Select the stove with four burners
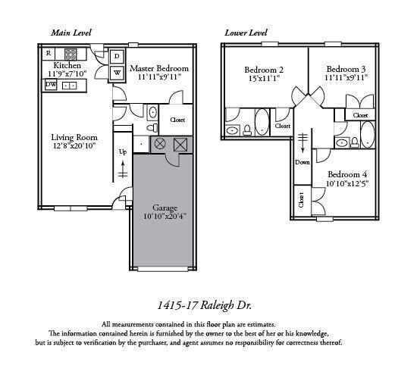coord(71,54)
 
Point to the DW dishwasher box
coord(50,85)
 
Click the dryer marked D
coord(118,57)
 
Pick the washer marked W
coord(118,73)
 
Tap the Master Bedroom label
coord(158,68)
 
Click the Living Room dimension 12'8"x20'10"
coord(72,146)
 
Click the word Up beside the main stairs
coord(123,151)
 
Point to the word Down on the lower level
coord(303,161)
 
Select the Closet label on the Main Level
coord(177,120)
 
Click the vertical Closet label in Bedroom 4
coord(301,201)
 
